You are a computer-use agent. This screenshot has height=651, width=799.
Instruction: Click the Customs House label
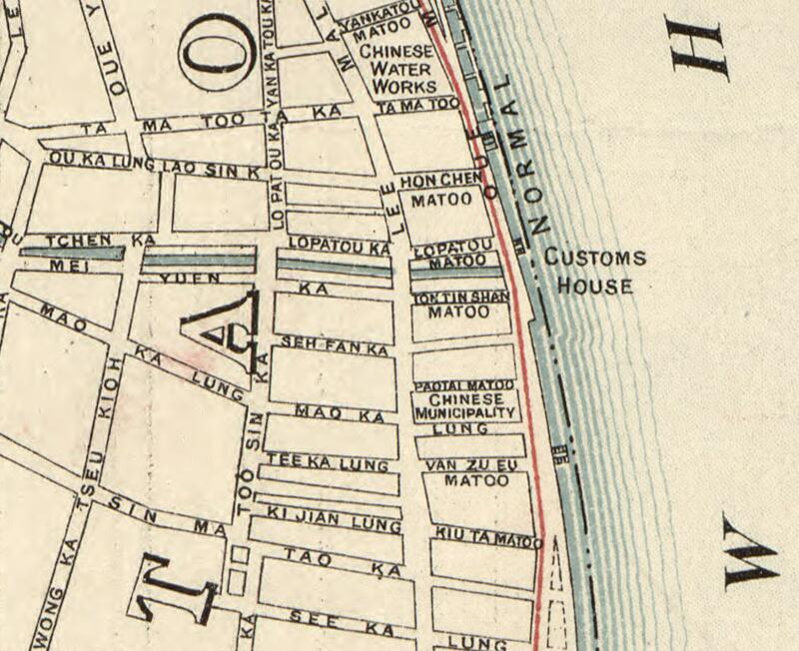pos(595,272)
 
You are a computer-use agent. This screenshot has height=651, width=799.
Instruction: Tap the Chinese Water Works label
pos(397,69)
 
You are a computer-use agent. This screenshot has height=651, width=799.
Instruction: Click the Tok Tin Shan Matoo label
pos(460,305)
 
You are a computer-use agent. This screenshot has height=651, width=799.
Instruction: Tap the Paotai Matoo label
pos(464,385)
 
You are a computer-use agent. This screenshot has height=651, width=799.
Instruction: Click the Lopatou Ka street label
pos(338,245)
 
